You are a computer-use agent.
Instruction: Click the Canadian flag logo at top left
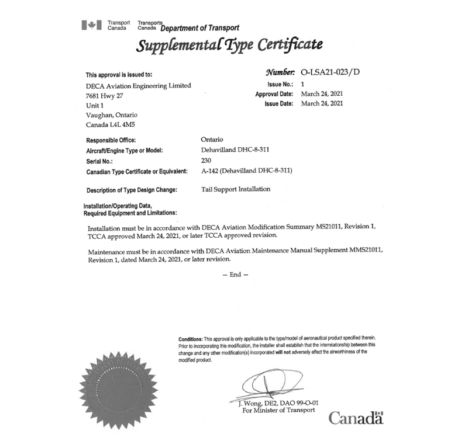[92, 25]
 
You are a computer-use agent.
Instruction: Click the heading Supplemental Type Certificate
[229, 45]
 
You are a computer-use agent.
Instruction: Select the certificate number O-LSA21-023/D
[330, 72]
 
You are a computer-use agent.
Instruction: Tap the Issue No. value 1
[303, 84]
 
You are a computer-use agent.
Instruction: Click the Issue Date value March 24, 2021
[322, 103]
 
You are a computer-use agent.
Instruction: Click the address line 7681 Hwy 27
[104, 95]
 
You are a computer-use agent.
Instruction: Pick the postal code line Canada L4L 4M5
[111, 125]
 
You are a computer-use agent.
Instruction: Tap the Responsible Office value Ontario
[212, 140]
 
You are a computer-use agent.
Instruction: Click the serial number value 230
[205, 160]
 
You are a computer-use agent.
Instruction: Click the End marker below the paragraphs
[235, 275]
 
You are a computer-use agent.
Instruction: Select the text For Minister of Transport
[278, 410]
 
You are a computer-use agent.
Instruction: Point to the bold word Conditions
[190, 339]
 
